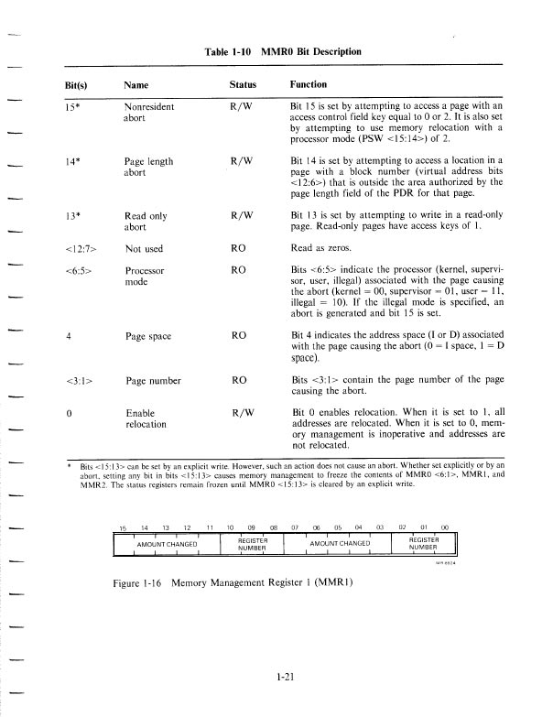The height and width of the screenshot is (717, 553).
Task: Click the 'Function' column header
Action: pos(309,84)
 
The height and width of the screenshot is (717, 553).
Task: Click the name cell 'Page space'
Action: pos(147,336)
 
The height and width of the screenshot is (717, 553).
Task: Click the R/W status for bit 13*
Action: pos(243,214)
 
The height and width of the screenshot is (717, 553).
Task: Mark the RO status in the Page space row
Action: pos(239,336)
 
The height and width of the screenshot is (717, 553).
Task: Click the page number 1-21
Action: pos(285,679)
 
